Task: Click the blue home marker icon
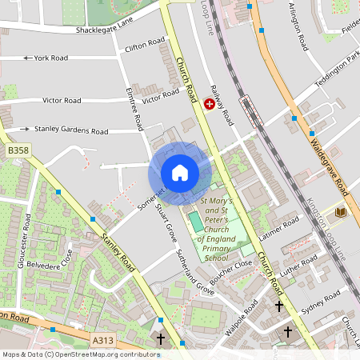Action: [x=179, y=173]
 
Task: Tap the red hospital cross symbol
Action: [x=210, y=104]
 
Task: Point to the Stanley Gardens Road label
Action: [x=71, y=130]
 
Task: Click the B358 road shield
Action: [x=17, y=150]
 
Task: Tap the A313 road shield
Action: [x=102, y=341]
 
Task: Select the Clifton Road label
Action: [x=145, y=48]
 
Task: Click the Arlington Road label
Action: [x=298, y=25]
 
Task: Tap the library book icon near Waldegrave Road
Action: [x=341, y=212]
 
